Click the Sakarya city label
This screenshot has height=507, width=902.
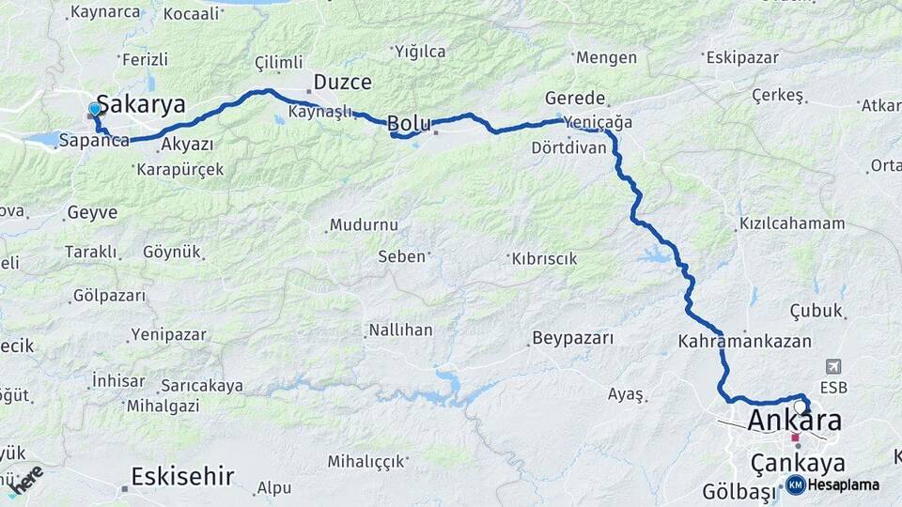click(141, 103)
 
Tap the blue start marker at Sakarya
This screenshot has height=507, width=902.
click(94, 110)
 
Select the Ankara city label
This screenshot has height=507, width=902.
click(794, 420)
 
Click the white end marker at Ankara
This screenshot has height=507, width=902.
click(800, 407)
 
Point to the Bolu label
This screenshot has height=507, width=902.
click(409, 122)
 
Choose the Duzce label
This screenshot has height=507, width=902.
click(342, 82)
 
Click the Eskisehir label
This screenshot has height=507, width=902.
click(182, 476)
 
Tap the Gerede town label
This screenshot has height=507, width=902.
click(575, 98)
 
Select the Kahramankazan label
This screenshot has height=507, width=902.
click(744, 342)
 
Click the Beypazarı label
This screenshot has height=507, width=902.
click(572, 338)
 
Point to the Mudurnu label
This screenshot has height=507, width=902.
click(364, 225)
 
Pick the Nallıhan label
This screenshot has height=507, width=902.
click(400, 330)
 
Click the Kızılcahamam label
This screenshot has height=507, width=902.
click(792, 223)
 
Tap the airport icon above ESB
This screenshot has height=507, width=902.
click(832, 365)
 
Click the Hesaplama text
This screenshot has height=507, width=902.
click(844, 484)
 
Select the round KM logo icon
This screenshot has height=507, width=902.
click(795, 484)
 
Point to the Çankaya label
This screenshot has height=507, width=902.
click(798, 463)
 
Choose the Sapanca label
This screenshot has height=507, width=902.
click(93, 141)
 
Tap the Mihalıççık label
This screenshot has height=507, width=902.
click(365, 461)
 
